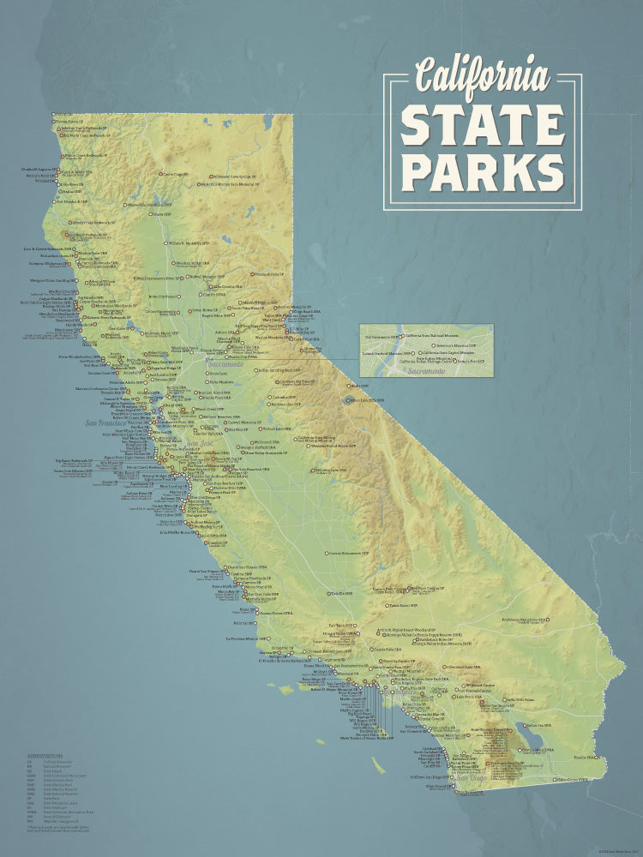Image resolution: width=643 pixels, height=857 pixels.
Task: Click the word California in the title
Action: [481, 76]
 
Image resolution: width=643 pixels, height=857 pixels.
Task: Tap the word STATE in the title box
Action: [483, 125]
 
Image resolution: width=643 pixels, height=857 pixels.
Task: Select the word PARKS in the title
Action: [483, 171]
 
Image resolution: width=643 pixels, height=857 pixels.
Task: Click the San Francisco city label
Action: [111, 423]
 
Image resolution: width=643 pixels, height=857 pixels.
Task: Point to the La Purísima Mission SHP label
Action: [248, 638]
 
